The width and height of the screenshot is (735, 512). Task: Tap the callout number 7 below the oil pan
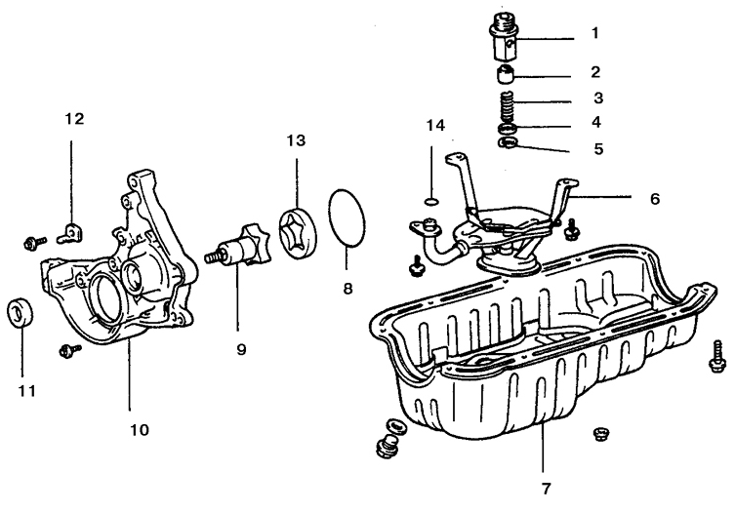point(546,487)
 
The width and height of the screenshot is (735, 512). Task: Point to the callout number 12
point(74,119)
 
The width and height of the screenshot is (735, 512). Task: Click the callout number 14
point(435,125)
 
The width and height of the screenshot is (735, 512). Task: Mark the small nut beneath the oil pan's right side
point(600,433)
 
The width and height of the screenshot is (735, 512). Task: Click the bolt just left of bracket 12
point(36,239)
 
